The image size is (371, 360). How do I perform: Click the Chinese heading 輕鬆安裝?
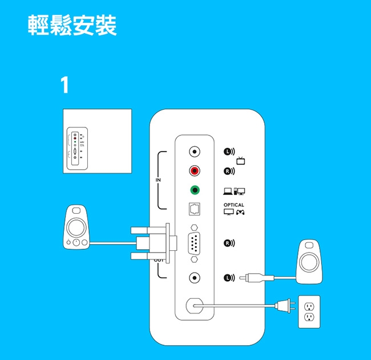pos(72,26)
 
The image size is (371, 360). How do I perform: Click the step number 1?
pos(64,86)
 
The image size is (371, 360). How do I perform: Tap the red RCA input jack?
pos(195,171)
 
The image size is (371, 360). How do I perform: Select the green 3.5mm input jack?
pos(195,190)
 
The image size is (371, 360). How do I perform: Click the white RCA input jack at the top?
pos(195,151)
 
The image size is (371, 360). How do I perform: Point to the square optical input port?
pos(195,210)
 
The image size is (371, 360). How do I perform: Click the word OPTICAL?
pos(233,205)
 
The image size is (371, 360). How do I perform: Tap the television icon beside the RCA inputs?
pos(241,161)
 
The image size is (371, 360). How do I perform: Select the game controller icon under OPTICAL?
pos(241,213)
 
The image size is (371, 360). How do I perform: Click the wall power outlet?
pos(309,312)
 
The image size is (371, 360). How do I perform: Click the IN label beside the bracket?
pos(158,180)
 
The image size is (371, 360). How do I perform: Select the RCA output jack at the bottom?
pos(195,278)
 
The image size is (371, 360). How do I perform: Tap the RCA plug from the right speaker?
pos(250,278)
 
